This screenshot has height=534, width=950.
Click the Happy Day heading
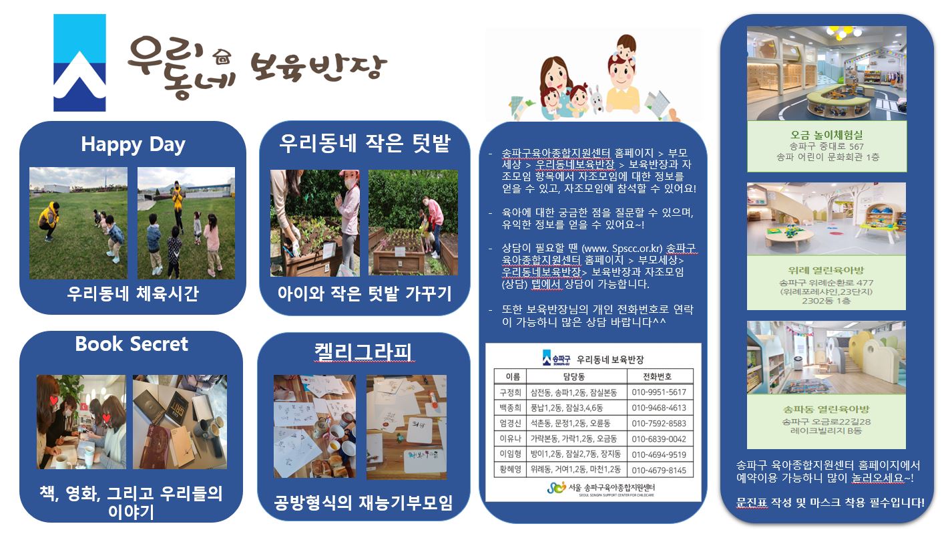coord(133,145)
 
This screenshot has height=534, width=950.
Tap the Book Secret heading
coord(132,344)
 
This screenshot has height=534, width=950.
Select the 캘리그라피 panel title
coord(363,352)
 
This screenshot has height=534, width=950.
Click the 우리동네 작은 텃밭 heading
coord(365,143)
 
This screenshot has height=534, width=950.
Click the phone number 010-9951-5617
coord(659,392)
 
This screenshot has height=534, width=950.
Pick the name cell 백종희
coord(510,408)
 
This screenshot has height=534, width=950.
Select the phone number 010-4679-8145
coord(659,471)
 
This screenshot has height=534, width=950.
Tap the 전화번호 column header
coord(657,376)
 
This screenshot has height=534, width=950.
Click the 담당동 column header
coord(574,376)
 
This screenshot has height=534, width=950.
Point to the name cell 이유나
coord(510,439)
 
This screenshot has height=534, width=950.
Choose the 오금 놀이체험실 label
coord(826,135)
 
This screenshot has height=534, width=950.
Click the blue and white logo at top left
coord(79,63)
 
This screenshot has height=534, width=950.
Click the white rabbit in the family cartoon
coord(596,99)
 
